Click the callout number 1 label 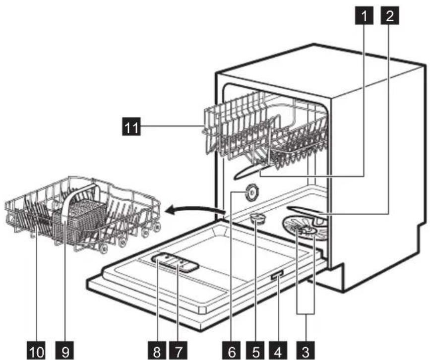click(x=365, y=16)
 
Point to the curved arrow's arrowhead click(x=170, y=211)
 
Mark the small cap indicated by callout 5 click(x=256, y=218)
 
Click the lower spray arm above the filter click(x=307, y=212)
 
